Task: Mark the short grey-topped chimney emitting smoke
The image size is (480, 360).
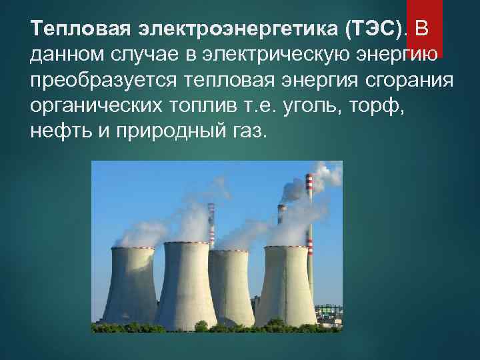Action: click(x=282, y=220)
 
